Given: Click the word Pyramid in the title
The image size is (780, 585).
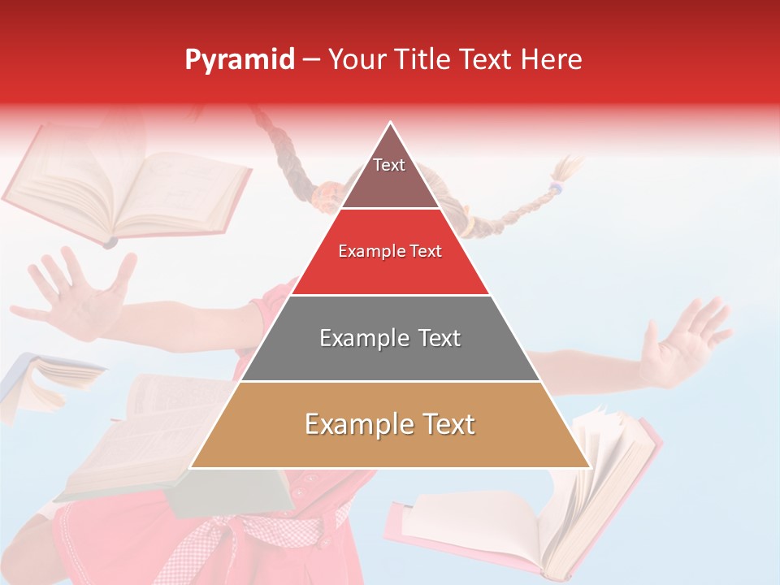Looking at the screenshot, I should pos(240,60).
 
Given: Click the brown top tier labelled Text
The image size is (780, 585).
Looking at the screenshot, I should pos(389,175).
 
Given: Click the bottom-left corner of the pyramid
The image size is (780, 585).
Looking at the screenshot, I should pos(192,466).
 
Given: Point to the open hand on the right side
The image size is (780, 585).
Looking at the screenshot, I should pos(682,341).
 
